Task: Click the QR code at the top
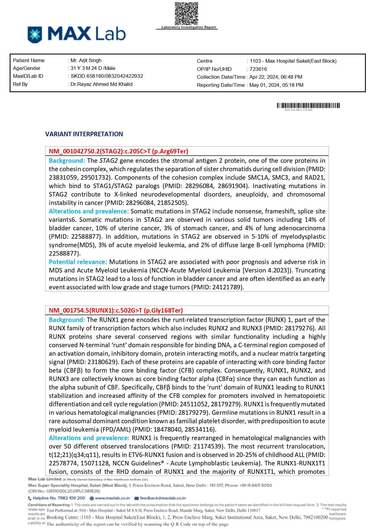pos(186,14)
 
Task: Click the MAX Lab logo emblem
pos(35,34)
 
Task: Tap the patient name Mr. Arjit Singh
pos(86,60)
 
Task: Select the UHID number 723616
pos(258,69)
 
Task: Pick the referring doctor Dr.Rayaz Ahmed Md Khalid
pos(101,84)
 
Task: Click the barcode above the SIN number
pos(308,105)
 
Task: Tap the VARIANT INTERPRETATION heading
pos(84,134)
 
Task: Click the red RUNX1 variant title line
pos(116,310)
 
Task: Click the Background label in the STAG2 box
pos(67,161)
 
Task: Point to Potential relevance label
pos(78,262)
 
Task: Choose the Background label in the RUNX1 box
pos(67,320)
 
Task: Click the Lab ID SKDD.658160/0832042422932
pos(107,76)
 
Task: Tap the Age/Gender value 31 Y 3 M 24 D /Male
pos(93,68)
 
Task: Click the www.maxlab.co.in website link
pos(112,498)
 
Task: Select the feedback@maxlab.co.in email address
pos(163,498)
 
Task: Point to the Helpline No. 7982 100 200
pos(59,498)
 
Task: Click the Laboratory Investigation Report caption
pos(189,27)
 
